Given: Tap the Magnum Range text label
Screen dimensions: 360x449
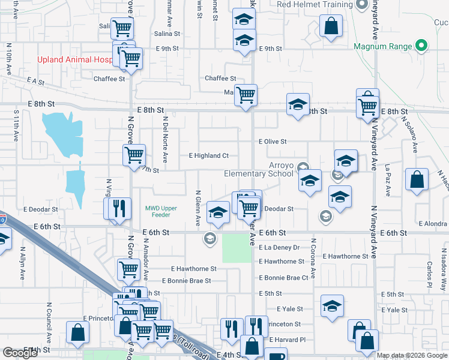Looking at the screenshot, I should click(x=382, y=46).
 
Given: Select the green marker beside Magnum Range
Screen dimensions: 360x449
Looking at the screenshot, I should click(x=421, y=46).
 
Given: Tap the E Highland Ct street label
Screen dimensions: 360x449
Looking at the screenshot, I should click(x=208, y=155).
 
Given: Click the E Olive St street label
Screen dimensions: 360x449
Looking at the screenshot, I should click(x=273, y=142).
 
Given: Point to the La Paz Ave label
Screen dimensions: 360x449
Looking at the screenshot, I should click(x=388, y=181).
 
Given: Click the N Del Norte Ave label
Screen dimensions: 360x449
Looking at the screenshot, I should click(x=164, y=135).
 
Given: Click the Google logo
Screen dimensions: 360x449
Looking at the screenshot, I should click(x=20, y=353).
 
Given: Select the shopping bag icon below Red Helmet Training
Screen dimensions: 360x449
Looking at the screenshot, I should click(x=331, y=26).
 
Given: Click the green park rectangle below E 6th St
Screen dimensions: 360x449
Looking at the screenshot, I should click(x=237, y=248).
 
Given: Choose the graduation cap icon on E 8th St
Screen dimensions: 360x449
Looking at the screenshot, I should click(x=298, y=104).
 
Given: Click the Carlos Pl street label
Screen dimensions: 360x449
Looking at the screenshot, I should click(x=430, y=273).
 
